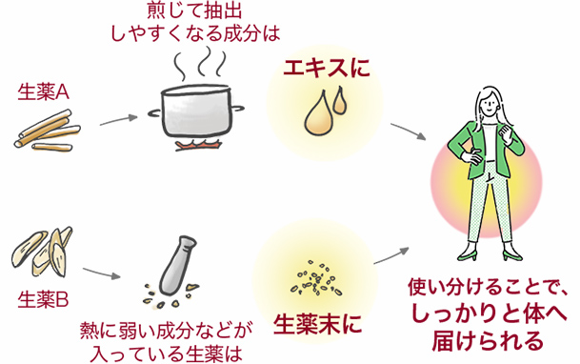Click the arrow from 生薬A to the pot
118,121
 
